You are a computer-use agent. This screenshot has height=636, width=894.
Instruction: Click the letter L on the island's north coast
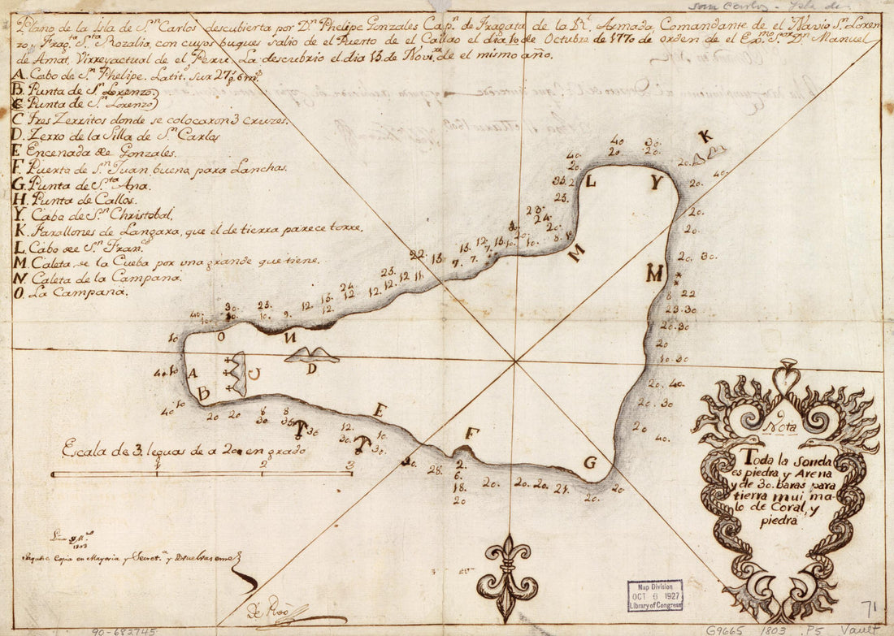point(591,181)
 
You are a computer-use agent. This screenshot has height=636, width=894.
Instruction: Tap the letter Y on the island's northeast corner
point(656,183)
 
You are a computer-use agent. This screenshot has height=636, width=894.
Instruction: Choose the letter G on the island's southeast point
point(591,463)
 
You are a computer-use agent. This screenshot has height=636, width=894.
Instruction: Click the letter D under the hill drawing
point(311,369)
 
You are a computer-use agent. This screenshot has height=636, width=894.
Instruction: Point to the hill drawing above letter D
point(312,354)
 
